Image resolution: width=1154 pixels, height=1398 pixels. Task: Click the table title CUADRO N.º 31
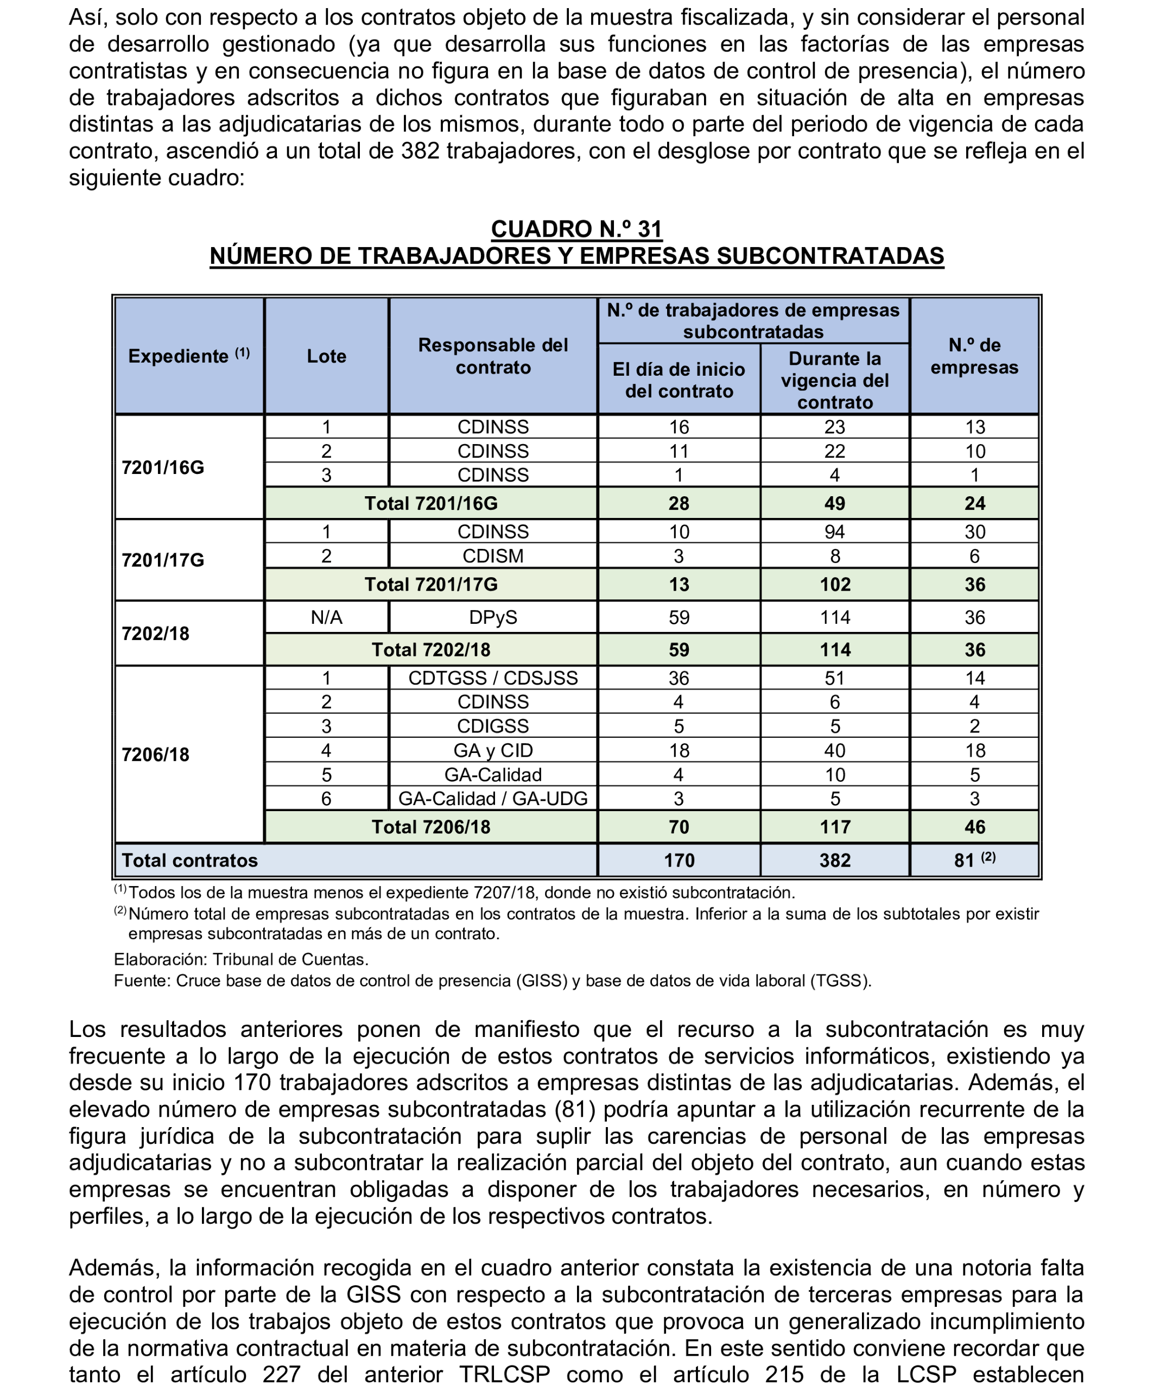tap(576, 229)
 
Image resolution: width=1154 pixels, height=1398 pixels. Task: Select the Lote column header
tap(326, 356)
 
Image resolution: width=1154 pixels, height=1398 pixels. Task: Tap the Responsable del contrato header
tap(492, 356)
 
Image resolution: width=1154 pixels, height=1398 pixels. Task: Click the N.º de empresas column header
tap(974, 356)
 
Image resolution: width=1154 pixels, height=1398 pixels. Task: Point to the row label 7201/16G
tap(163, 467)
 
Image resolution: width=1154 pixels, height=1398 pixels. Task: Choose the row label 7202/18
tap(156, 634)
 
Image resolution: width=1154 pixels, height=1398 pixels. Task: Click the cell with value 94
tap(835, 532)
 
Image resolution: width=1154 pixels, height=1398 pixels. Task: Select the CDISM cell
tap(492, 556)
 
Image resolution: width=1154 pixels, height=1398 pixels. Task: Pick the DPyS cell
tap(492, 618)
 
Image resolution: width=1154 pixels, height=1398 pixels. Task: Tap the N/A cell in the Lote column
tap(326, 618)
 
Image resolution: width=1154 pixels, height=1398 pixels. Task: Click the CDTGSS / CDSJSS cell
tap(492, 678)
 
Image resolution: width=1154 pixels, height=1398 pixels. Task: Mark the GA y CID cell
tap(492, 750)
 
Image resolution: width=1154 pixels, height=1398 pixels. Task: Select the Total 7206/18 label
tap(431, 827)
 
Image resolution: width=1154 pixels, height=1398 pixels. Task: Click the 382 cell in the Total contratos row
tap(835, 860)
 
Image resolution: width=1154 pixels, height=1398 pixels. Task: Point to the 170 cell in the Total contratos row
tap(679, 860)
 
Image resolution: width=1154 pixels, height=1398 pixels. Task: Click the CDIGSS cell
tap(492, 726)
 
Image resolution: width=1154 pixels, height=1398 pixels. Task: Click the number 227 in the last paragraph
tap(281, 1375)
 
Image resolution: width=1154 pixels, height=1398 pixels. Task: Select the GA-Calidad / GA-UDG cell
tap(492, 799)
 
